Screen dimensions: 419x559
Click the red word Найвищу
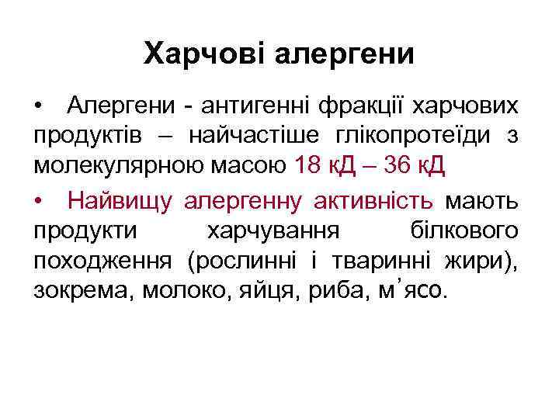pyautogui.click(x=122, y=200)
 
